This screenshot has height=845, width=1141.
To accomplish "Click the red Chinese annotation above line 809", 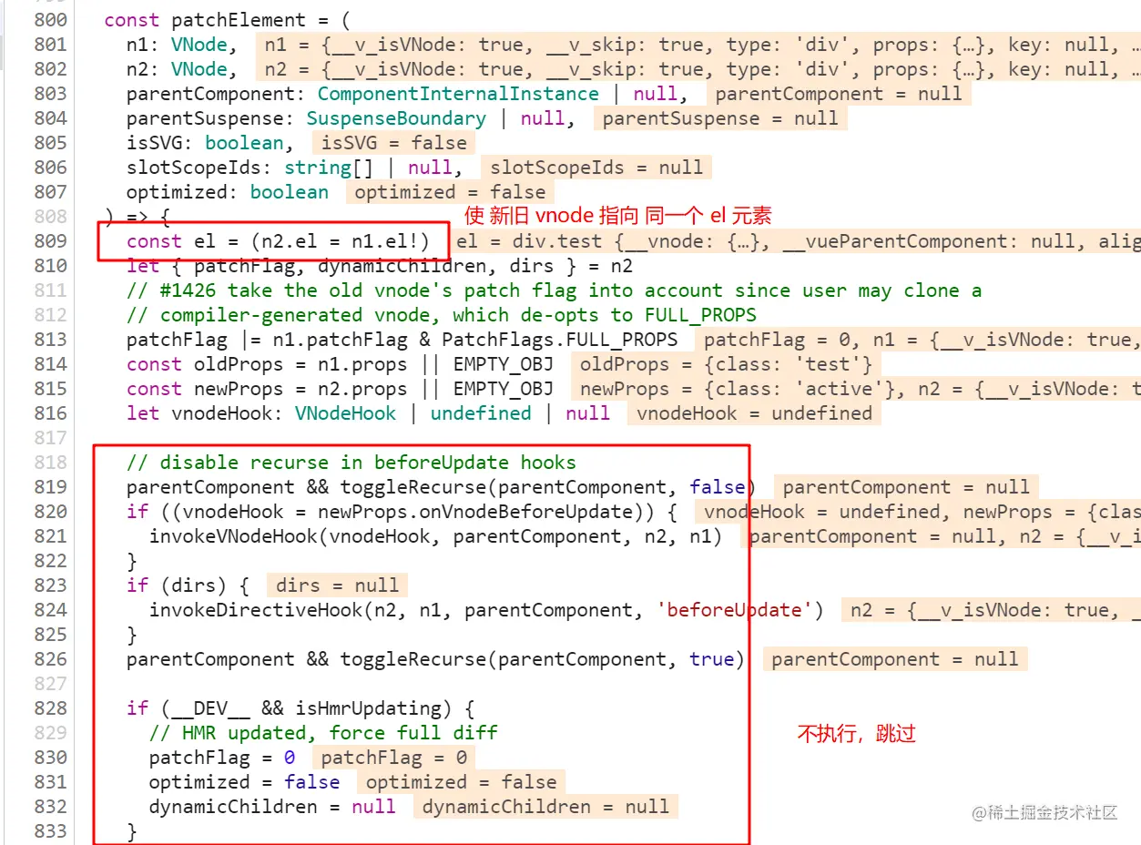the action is pyautogui.click(x=618, y=216).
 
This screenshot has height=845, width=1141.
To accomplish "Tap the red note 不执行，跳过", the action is pyautogui.click(x=856, y=734).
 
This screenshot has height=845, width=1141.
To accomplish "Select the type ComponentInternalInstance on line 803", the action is pyautogui.click(x=458, y=94).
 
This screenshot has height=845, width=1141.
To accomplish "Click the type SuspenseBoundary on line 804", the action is pyautogui.click(x=396, y=118).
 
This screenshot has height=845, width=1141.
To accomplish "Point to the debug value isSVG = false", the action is pyautogui.click(x=393, y=143).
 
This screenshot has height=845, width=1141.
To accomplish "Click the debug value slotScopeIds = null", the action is pyautogui.click(x=596, y=168).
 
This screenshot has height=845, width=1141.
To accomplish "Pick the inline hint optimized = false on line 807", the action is pyautogui.click(x=450, y=192).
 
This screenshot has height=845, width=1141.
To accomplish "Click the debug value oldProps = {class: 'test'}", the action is pyautogui.click(x=726, y=364).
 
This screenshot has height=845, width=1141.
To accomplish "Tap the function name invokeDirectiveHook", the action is pyautogui.click(x=256, y=610).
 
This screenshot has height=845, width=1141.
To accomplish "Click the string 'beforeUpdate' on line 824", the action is pyautogui.click(x=739, y=610).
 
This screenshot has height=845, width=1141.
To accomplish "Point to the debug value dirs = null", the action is pyautogui.click(x=337, y=585).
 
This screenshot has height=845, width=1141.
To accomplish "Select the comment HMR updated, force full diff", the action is pyautogui.click(x=323, y=733).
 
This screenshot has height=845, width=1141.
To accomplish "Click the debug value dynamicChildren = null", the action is pyautogui.click(x=545, y=807).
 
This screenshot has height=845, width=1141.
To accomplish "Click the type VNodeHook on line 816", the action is pyautogui.click(x=345, y=413).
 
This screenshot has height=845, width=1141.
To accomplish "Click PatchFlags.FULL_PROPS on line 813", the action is pyautogui.click(x=559, y=340).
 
